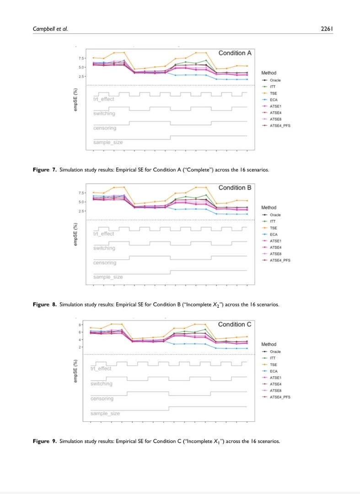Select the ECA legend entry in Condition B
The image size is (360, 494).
[274, 234]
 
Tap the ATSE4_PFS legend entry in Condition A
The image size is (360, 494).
[279, 125]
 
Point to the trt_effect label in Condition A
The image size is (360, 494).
[104, 99]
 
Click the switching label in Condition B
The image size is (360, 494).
[104, 248]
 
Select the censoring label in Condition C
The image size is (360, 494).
[102, 399]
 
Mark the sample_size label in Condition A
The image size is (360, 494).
[108, 142]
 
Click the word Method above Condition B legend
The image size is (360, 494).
[269, 207]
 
